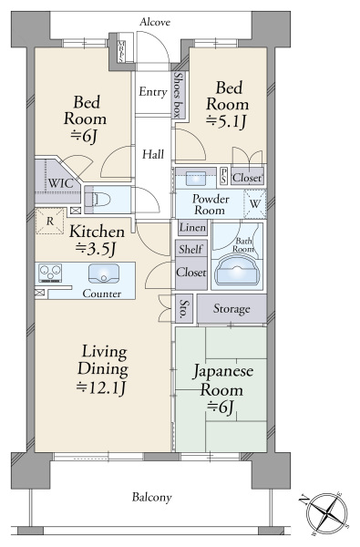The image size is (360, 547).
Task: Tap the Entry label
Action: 151,91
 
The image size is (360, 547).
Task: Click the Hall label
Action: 152,153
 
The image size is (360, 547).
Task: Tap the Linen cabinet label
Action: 190,228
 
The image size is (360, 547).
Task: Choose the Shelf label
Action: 190,249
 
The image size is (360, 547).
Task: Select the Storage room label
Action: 231,309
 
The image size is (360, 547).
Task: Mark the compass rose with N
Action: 326,510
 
